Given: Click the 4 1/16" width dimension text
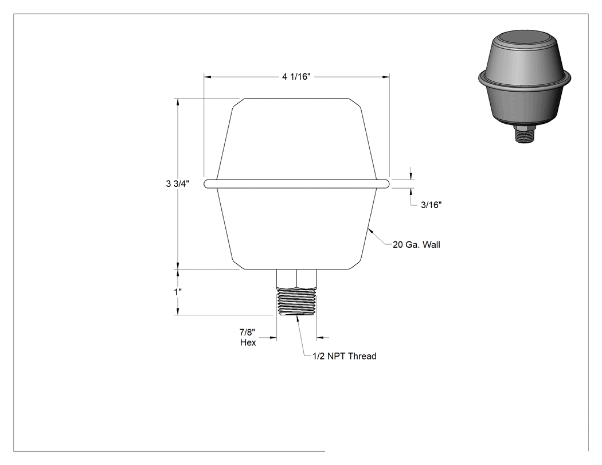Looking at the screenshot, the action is pos(296,77).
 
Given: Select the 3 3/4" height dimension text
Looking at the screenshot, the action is pos(177,183).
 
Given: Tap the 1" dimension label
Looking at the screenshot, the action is pos(178,292).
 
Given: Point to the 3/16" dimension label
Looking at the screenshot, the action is pos(431,205).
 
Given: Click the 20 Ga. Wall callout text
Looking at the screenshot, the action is pos(416,245).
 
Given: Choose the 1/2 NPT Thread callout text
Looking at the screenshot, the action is pos(345,356).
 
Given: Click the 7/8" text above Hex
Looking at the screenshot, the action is pos(247,332).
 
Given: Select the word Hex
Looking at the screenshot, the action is pos(248,342).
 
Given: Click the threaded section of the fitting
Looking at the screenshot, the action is pos(297,302).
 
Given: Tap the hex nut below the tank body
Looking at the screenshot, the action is pos(297,279).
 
